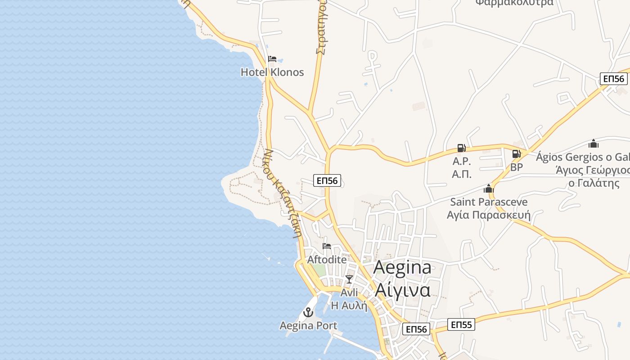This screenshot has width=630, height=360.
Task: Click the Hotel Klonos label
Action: click(x=272, y=72)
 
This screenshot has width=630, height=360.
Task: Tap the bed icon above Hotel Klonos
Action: click(x=272, y=59)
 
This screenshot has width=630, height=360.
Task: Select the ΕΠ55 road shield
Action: click(x=461, y=324)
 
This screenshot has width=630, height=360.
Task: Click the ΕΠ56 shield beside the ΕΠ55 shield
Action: click(x=416, y=329)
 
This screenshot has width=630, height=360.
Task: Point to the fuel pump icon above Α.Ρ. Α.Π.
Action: click(x=461, y=148)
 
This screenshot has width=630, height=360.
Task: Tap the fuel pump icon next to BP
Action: click(x=516, y=154)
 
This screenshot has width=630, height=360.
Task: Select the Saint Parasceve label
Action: click(x=489, y=202)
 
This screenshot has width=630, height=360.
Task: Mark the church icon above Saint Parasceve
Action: click(x=489, y=189)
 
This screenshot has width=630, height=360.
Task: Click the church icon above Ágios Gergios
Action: click(x=594, y=144)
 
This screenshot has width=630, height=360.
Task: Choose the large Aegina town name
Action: click(x=402, y=267)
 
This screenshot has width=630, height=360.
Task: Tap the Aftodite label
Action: click(x=327, y=260)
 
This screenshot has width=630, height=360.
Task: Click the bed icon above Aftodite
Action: click(x=327, y=246)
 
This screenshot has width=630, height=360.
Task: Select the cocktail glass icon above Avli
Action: click(x=349, y=279)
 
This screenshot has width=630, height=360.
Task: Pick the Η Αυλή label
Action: click(x=349, y=306)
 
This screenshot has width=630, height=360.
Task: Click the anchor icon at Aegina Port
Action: click(x=308, y=312)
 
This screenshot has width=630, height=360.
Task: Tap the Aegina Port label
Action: click(x=308, y=325)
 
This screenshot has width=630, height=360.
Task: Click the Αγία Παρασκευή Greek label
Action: click(x=489, y=215)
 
